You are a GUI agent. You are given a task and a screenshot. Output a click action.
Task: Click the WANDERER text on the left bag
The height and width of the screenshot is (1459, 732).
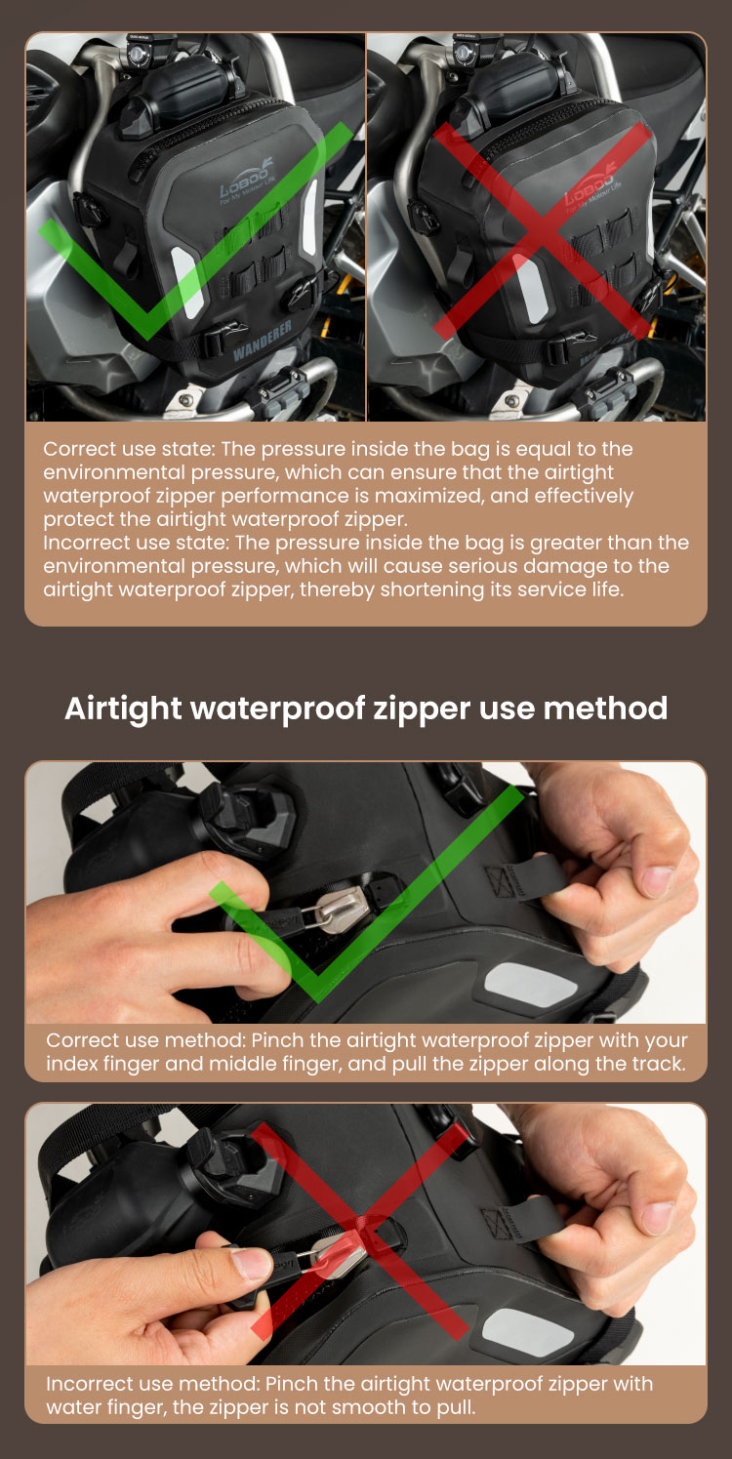point(262,341)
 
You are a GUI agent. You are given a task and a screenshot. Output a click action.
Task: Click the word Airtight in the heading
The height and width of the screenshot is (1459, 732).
point(123,709)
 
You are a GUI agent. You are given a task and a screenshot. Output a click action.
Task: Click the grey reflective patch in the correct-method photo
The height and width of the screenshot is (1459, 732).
point(531,986)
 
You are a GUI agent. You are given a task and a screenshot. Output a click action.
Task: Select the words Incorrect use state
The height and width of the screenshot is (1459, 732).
point(136,543)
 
